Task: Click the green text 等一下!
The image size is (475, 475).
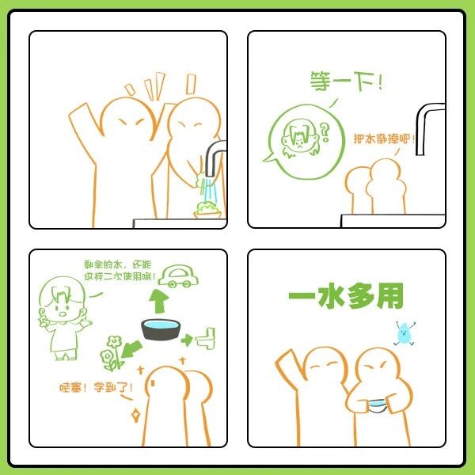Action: [346, 81]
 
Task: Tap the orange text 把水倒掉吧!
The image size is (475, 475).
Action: [384, 139]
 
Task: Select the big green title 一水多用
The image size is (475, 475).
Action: [346, 296]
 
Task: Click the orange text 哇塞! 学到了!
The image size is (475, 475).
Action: [96, 387]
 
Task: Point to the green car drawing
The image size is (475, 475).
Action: [178, 276]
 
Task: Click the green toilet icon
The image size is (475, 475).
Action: [206, 338]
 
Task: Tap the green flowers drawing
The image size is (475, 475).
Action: [112, 353]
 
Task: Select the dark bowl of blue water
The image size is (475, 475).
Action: [161, 329]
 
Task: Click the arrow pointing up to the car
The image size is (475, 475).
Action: [159, 301]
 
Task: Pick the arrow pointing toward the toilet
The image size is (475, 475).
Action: [187, 340]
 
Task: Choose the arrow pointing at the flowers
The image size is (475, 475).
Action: [131, 349]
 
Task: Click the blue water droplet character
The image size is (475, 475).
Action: [405, 333]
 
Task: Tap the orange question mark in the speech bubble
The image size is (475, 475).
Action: [325, 132]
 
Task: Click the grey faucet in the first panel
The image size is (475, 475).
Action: [215, 158]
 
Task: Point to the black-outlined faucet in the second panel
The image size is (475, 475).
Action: [428, 128]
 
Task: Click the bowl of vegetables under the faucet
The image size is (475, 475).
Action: [207, 210]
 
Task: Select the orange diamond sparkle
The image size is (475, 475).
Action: [135, 416]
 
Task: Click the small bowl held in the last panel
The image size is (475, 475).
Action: [378, 405]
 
